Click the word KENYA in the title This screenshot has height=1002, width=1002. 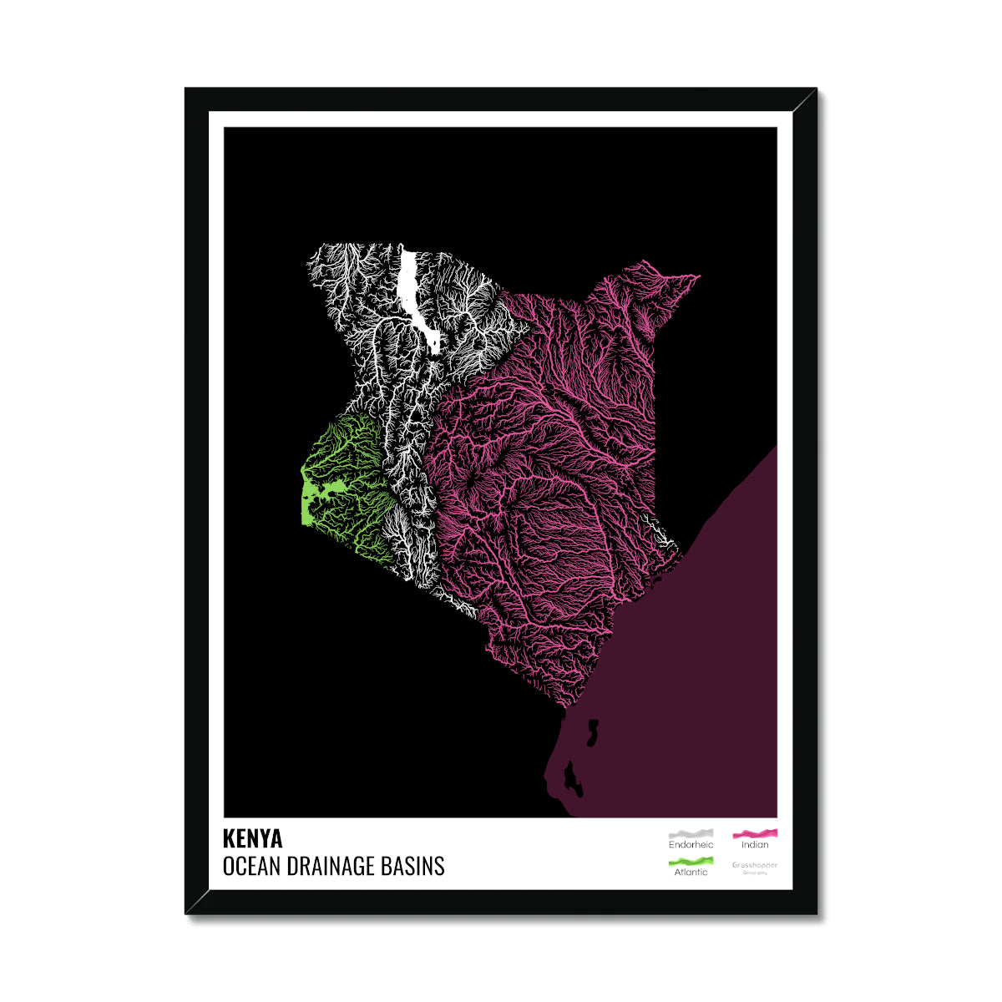click(x=252, y=838)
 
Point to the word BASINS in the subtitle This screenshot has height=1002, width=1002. click(x=415, y=866)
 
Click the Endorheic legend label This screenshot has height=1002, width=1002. click(x=691, y=845)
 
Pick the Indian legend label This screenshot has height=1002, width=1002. click(x=755, y=845)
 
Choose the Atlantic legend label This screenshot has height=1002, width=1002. click(x=691, y=872)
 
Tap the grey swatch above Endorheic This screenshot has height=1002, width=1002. click(x=691, y=833)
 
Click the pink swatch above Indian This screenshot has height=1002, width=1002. click(x=755, y=833)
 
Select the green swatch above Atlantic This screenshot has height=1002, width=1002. click(x=691, y=861)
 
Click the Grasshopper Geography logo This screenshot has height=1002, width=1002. click(x=755, y=868)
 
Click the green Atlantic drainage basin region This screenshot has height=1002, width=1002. click(x=342, y=468)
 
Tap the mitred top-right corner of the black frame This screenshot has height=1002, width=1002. click(x=805, y=99)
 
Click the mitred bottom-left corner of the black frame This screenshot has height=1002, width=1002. click(x=197, y=903)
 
